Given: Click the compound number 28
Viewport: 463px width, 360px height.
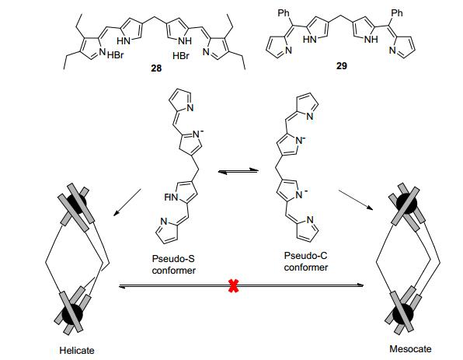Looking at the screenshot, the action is (156, 68).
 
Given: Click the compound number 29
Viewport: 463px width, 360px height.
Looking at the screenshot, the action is (341, 65).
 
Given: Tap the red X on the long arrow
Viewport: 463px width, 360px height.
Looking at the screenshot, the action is (233, 286).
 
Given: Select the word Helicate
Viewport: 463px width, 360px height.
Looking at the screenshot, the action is (77, 351).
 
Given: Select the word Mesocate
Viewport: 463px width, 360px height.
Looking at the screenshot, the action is (410, 349).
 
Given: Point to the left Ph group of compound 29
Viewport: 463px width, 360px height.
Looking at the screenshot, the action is (284, 13).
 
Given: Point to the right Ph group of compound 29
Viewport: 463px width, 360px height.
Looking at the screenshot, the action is (396, 12).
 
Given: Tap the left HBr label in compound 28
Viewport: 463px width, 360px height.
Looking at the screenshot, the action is (115, 55).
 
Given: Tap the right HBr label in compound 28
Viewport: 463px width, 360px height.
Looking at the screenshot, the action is (181, 55).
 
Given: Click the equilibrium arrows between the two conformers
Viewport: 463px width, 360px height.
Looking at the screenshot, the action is (238, 171).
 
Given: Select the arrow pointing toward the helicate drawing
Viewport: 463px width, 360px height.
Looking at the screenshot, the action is (127, 202).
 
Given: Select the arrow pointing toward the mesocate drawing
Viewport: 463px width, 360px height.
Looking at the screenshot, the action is (356, 200).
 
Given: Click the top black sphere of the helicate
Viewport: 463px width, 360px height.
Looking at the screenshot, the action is (76, 204).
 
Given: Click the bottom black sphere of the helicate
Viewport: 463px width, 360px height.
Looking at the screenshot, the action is (71, 314).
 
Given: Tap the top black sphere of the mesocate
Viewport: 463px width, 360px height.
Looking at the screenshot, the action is (406, 204).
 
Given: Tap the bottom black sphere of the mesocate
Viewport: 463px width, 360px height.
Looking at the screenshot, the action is (403, 313).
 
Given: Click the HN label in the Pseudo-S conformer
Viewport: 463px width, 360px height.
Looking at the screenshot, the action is (172, 197).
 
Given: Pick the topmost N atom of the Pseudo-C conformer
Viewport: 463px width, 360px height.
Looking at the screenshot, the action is (309, 116).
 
